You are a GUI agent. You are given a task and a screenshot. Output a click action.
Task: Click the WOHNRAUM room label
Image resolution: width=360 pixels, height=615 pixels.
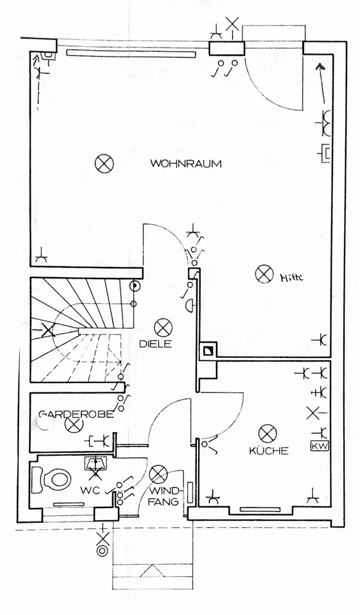(186, 163)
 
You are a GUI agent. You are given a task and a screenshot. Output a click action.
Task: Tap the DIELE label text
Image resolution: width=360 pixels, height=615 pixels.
(156, 344)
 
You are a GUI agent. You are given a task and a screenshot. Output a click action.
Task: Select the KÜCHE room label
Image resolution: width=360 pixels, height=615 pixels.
(269, 451)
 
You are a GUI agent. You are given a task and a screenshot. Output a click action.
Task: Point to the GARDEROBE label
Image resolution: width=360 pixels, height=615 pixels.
(76, 414)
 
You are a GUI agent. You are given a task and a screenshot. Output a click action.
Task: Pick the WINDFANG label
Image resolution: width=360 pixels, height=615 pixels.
(166, 496)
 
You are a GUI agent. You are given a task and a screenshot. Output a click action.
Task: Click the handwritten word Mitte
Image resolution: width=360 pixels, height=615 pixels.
(292, 278)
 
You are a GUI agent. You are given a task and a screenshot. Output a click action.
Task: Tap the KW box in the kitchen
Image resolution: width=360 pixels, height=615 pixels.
(319, 446)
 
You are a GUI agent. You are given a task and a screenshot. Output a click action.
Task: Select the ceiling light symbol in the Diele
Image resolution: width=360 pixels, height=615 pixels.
(161, 327)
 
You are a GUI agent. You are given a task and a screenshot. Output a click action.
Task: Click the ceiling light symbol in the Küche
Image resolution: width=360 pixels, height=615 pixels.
(268, 434)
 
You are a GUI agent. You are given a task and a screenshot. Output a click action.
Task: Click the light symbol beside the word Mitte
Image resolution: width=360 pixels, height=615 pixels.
(263, 274)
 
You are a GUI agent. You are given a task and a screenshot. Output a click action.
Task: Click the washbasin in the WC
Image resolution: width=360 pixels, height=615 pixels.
(96, 464)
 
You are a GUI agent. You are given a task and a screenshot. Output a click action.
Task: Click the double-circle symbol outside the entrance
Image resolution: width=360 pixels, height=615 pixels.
(103, 550)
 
